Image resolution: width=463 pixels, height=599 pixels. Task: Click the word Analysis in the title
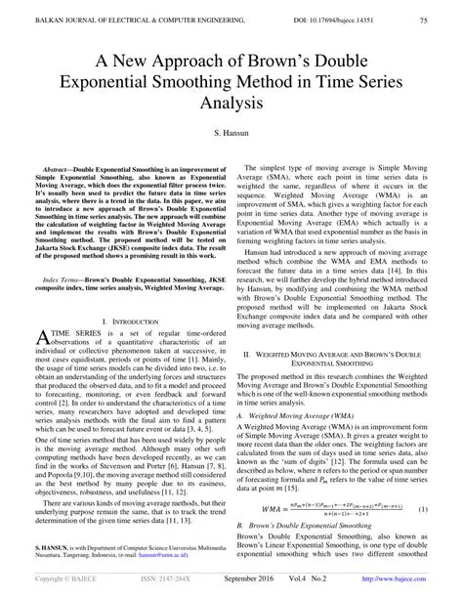tap(231, 100)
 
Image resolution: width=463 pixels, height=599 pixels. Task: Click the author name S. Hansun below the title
tap(231, 130)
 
